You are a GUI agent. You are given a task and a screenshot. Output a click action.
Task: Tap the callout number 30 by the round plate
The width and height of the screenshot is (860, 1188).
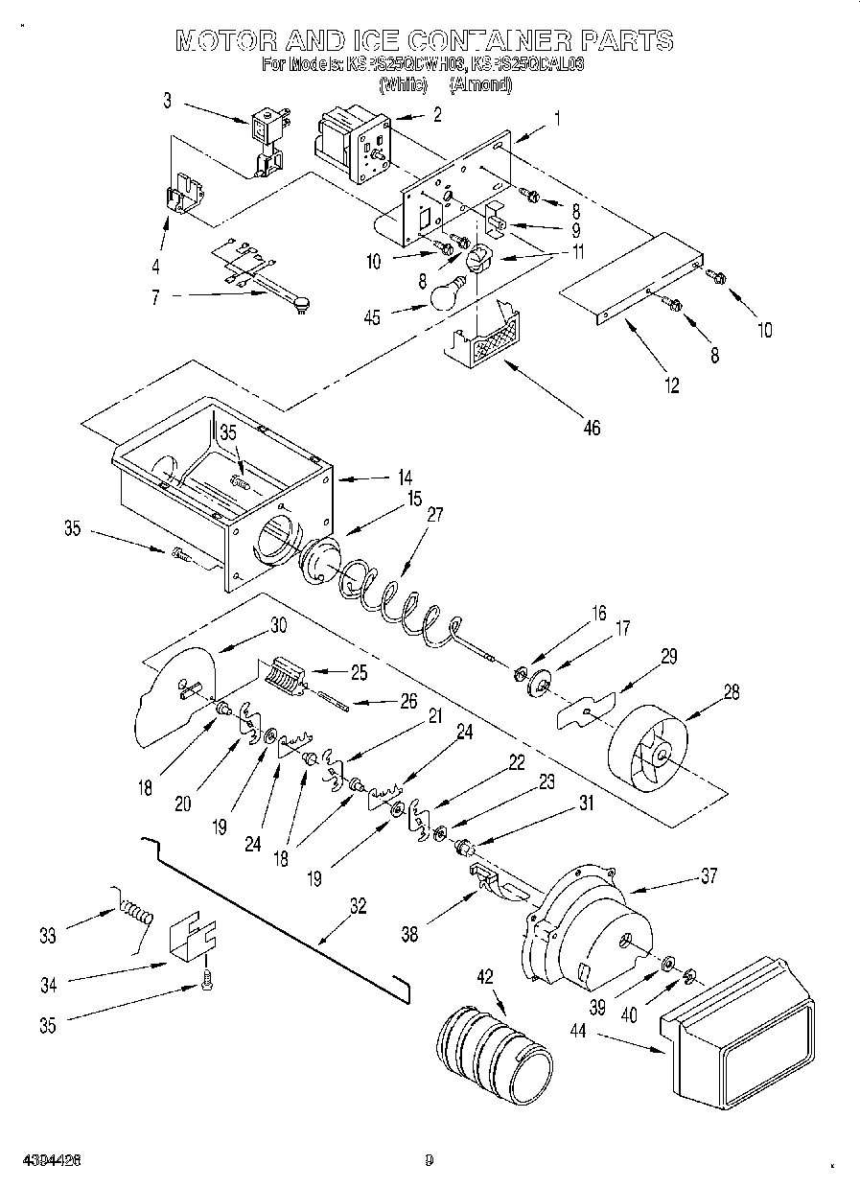(x=277, y=624)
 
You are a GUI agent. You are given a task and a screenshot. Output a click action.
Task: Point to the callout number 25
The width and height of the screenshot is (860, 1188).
(x=359, y=672)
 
